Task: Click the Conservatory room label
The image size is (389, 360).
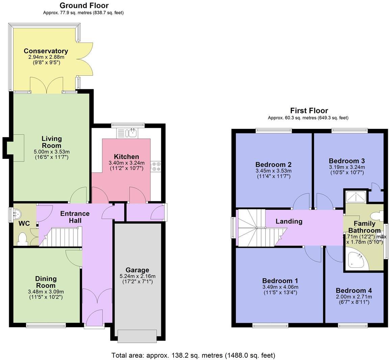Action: point(46,51)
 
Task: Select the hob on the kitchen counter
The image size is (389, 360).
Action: point(156,166)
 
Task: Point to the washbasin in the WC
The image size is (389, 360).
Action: point(16,213)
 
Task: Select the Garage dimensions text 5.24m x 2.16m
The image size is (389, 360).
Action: point(137,276)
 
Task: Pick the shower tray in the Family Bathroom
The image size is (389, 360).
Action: point(356,196)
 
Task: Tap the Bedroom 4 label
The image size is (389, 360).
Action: point(354,290)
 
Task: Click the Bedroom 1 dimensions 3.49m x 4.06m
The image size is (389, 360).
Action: point(280,287)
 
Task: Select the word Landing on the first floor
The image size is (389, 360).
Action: point(289,221)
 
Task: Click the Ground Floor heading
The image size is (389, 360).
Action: point(84,5)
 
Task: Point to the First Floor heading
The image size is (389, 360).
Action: point(309,111)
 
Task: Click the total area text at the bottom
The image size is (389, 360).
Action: point(193,355)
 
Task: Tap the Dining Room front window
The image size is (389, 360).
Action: point(46,326)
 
